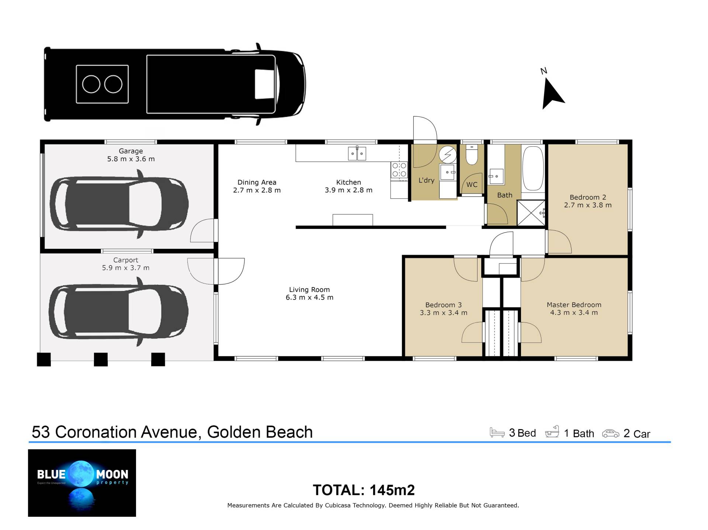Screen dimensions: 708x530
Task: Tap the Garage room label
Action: pyautogui.click(x=131, y=151)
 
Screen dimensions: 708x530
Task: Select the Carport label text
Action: pyautogui.click(x=126, y=260)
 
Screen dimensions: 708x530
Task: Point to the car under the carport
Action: pyautogui.click(x=118, y=311)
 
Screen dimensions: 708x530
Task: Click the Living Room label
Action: pyautogui.click(x=309, y=290)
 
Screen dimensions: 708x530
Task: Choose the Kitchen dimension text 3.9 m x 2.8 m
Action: pyautogui.click(x=348, y=190)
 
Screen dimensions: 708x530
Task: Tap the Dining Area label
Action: pyautogui.click(x=257, y=182)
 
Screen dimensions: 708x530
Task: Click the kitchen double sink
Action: pyautogui.click(x=357, y=153)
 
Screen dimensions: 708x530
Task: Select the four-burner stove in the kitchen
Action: pyautogui.click(x=399, y=170)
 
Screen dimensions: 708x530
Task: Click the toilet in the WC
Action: pyautogui.click(x=472, y=154)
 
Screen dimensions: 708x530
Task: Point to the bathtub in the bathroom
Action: pyautogui.click(x=533, y=168)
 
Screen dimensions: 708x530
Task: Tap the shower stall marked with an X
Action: pyautogui.click(x=531, y=213)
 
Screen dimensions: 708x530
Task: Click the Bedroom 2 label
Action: pyautogui.click(x=588, y=197)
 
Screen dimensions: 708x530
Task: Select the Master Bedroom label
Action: pyautogui.click(x=574, y=305)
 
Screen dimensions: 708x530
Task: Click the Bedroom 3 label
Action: pyautogui.click(x=443, y=305)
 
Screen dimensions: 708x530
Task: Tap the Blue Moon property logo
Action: pyautogui.click(x=82, y=483)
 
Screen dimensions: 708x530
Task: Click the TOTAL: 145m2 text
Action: pyautogui.click(x=364, y=490)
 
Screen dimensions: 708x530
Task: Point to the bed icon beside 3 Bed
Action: pyautogui.click(x=497, y=432)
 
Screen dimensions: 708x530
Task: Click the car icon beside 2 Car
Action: pyautogui.click(x=611, y=433)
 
